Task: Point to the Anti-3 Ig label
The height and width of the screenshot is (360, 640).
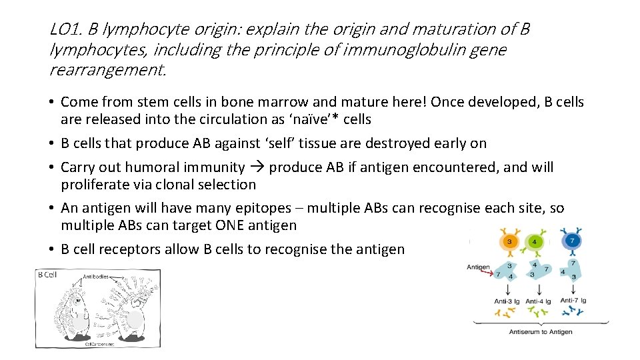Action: (507, 301)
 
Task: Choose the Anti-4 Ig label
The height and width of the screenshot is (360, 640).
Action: (539, 301)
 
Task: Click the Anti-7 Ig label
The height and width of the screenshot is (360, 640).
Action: (573, 300)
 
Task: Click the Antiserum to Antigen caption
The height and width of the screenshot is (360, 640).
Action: (540, 331)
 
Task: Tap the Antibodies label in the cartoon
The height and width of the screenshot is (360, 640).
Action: (97, 277)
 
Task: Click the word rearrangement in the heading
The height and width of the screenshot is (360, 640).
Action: (106, 70)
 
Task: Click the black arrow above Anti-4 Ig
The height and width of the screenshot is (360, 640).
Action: (538, 289)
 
